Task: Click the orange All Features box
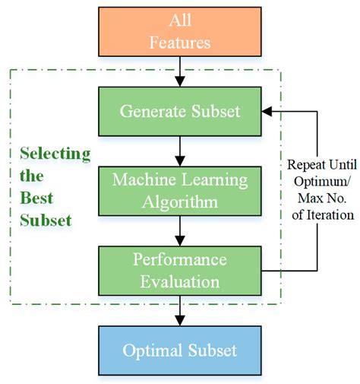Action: coord(180,30)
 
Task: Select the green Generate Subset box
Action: coord(180,111)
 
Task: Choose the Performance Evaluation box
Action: coord(180,270)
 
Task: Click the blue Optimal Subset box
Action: coord(180,351)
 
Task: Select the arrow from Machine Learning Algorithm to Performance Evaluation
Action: coord(180,230)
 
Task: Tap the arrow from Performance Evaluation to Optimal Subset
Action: coord(180,310)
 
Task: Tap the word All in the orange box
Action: coord(180,19)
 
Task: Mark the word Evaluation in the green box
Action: coord(180,281)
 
